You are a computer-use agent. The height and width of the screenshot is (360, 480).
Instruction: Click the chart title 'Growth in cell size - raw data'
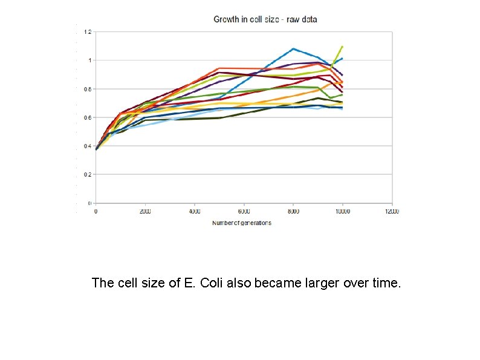pos(265,19)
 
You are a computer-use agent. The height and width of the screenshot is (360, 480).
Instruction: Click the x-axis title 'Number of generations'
pos(242,223)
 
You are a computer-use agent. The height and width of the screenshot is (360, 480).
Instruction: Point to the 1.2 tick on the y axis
pos(88,31)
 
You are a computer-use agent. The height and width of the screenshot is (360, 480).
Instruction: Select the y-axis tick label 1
pos(89,60)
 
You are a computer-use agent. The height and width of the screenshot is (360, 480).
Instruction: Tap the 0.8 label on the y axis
pos(88,89)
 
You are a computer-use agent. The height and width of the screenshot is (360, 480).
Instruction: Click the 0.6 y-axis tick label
pos(88,117)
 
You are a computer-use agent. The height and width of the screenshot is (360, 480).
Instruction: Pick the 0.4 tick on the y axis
pos(88,146)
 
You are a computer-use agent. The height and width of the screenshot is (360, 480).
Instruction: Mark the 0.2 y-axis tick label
pos(88,174)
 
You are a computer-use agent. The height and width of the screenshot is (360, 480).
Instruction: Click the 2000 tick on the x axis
pos(145,212)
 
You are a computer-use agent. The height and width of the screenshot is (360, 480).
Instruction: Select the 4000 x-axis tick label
pos(194,212)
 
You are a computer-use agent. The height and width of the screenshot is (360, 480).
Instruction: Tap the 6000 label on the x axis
pos(244,212)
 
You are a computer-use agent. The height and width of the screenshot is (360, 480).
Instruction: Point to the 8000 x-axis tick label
pos(293,212)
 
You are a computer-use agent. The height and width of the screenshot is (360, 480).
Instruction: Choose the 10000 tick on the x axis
pos(342,212)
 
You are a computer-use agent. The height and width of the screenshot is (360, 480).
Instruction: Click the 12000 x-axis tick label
pos(391,212)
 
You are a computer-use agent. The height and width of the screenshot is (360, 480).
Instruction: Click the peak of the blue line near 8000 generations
pos(293,48)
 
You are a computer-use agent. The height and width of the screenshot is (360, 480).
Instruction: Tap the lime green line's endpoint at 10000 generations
pos(343,46)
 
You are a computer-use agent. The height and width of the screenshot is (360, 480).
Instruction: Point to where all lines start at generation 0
pos(96,148)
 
